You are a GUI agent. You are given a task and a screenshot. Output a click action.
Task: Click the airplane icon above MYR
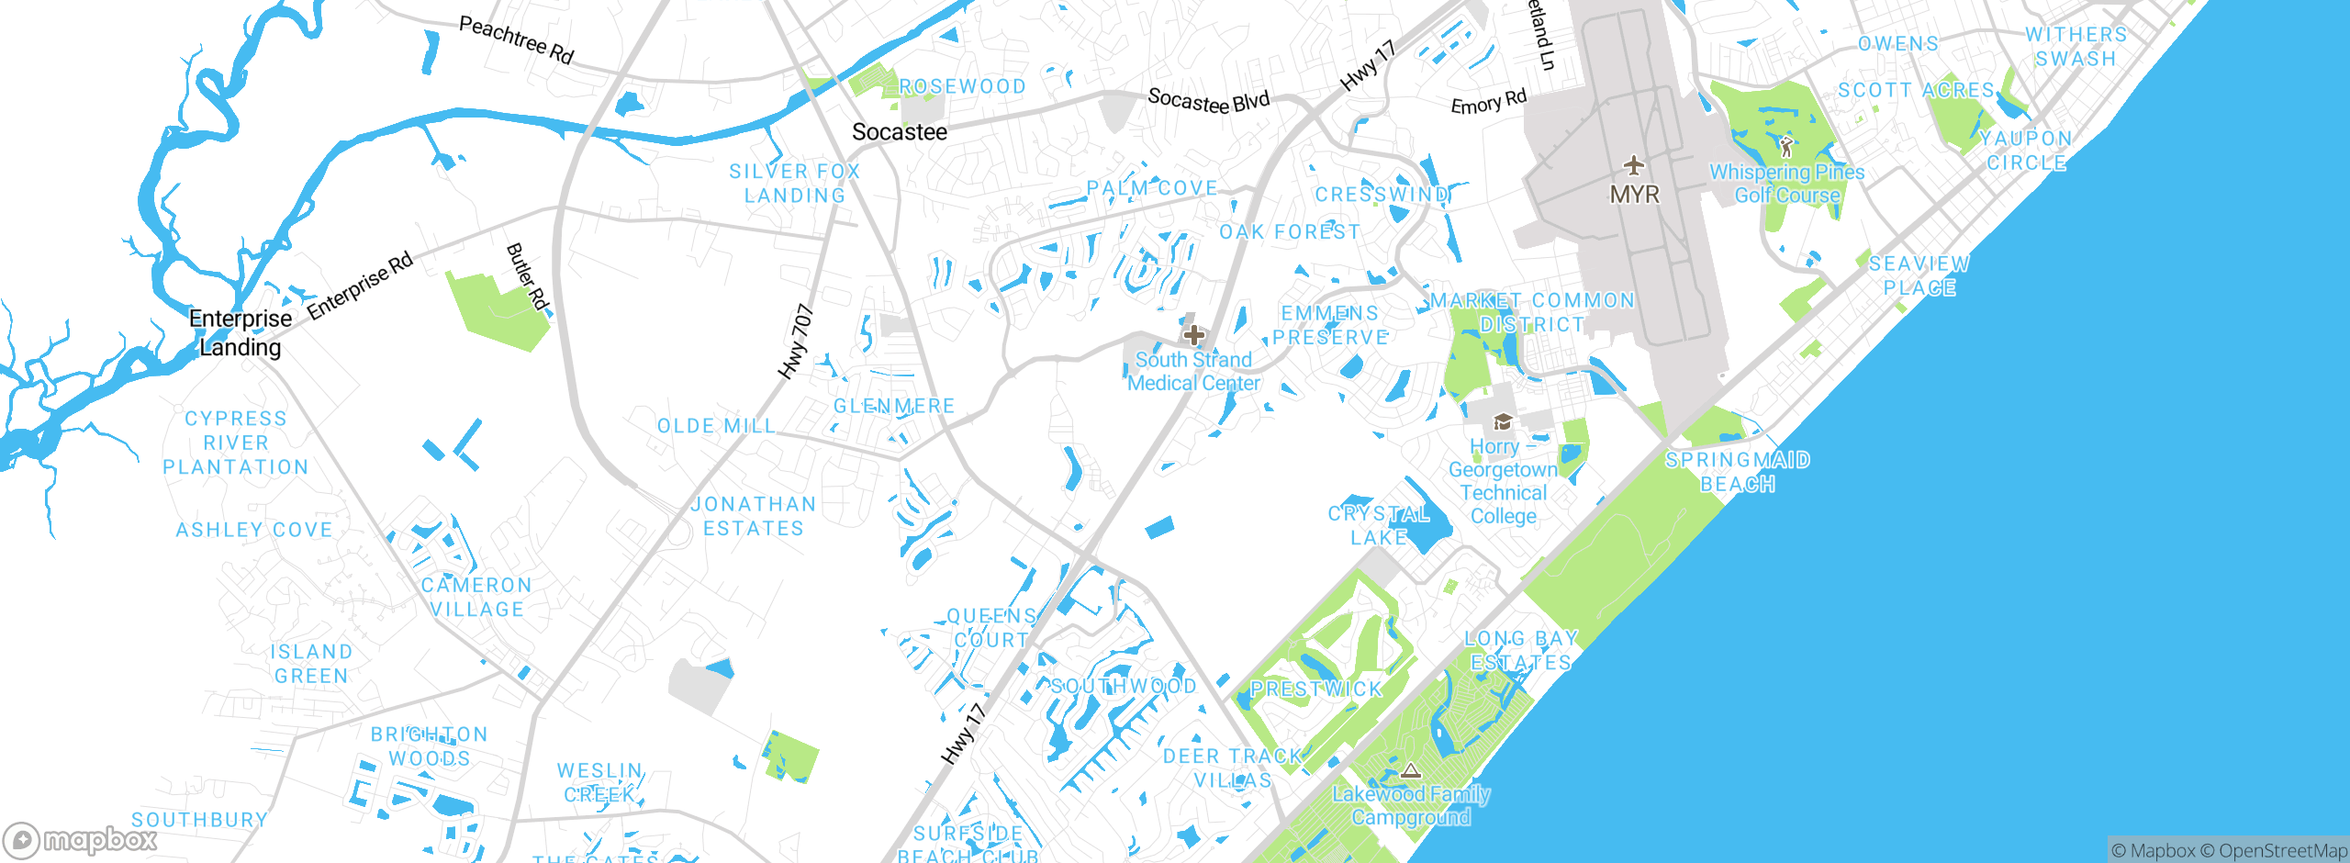tap(1634, 166)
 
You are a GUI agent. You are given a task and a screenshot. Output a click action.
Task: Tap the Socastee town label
tap(900, 132)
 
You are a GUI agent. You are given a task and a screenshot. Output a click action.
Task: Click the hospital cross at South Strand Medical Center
tap(1193, 335)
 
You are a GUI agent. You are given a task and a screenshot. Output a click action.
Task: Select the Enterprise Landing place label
tap(241, 332)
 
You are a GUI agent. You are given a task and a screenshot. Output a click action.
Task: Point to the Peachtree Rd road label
tap(516, 40)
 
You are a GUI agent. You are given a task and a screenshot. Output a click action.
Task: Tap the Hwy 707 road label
tap(796, 342)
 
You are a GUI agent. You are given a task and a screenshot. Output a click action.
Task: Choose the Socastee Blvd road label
tap(1208, 100)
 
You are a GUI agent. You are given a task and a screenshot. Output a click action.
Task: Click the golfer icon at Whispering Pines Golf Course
tap(1785, 146)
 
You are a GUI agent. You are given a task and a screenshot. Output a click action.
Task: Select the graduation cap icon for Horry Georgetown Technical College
tap(1503, 422)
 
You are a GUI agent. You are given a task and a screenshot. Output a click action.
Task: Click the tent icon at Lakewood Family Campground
tap(1411, 770)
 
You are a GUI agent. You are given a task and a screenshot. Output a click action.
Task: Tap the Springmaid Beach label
tap(1737, 471)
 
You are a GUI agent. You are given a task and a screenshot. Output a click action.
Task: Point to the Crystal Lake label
tap(1379, 525)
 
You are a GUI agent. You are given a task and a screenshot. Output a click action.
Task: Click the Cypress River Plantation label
tap(236, 443)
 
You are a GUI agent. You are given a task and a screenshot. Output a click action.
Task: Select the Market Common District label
tap(1532, 312)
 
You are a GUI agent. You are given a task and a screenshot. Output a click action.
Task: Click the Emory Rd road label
tap(1488, 102)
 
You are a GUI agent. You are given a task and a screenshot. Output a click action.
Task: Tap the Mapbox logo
tap(81, 840)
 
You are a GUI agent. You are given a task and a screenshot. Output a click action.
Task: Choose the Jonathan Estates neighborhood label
tap(753, 516)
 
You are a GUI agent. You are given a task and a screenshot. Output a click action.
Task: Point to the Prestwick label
tap(1315, 689)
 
